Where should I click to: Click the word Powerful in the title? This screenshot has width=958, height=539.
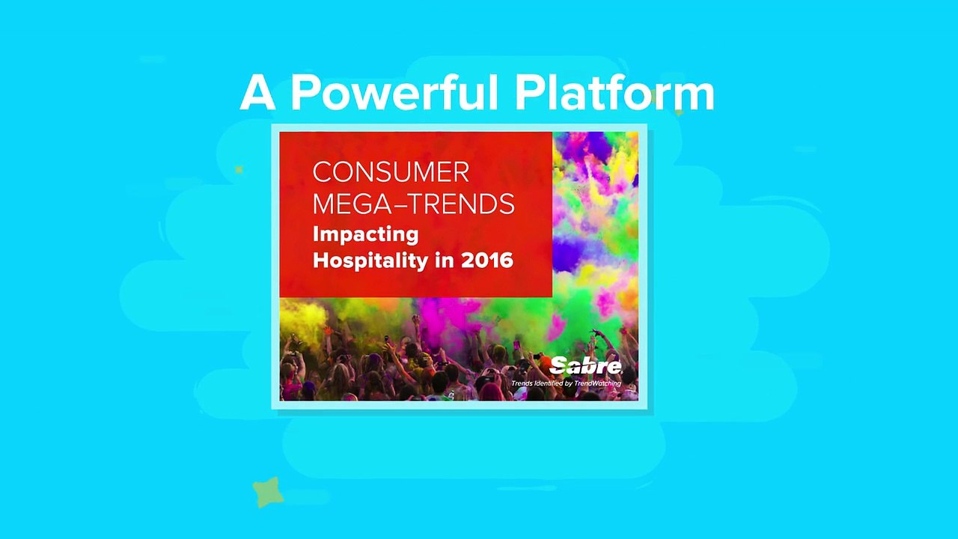tap(394, 94)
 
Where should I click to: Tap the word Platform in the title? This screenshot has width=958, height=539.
tap(614, 94)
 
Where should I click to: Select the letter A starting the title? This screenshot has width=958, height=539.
tap(257, 94)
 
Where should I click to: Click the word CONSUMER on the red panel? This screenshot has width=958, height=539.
tap(391, 172)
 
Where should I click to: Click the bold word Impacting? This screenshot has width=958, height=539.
tap(366, 235)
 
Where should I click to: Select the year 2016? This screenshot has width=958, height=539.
tap(487, 260)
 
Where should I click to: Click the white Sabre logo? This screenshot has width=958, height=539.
tap(585, 366)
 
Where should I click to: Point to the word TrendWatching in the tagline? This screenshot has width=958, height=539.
tap(597, 383)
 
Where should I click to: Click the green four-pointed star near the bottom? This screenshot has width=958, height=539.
tap(268, 492)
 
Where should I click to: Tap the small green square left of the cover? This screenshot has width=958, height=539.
tap(239, 170)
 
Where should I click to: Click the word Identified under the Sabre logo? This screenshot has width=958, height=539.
tap(549, 383)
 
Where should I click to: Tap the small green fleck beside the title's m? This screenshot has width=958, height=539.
tap(679, 113)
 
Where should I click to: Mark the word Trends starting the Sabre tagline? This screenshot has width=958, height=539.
tap(522, 383)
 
